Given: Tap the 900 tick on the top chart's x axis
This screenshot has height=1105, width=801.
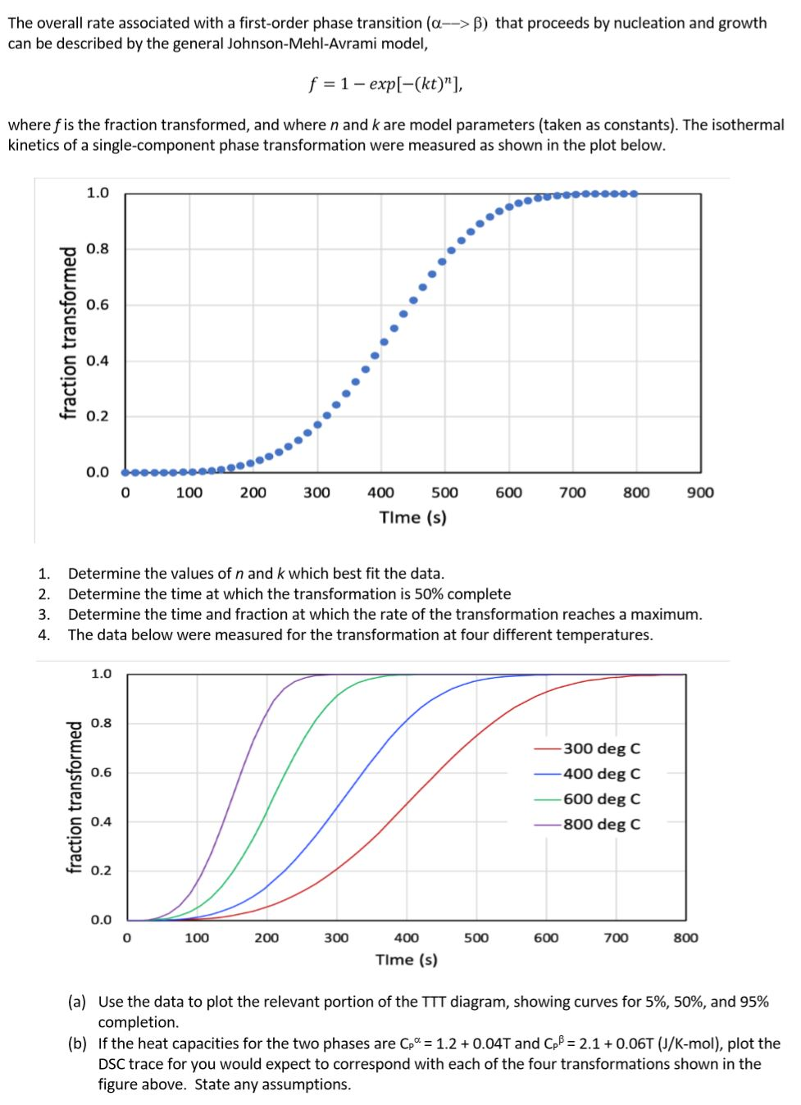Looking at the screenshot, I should [700, 493].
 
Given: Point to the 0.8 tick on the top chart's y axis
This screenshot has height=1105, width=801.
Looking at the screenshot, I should [98, 248].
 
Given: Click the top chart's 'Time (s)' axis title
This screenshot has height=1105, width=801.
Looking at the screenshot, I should [412, 517].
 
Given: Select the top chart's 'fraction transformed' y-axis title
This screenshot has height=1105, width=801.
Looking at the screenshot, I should [69, 333].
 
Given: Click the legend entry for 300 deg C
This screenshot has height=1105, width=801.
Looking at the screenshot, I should [601, 748].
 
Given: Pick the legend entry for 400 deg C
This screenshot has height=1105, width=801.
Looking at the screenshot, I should [601, 774].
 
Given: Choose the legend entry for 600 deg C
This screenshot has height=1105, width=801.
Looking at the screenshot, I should [601, 799].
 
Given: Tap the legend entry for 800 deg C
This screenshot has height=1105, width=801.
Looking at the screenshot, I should [601, 825].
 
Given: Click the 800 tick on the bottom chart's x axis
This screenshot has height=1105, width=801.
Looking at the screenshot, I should [685, 938].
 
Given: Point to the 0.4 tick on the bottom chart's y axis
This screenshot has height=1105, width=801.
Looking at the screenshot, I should [101, 821].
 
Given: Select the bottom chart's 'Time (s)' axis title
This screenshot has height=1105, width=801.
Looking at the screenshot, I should [406, 960].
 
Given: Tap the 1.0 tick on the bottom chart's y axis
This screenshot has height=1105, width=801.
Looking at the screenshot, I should [101, 674].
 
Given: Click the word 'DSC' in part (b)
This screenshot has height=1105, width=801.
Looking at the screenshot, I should [114, 1064].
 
